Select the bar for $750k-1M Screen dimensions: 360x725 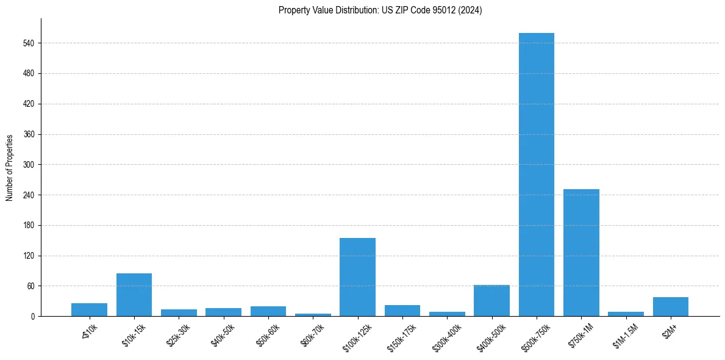[581, 253]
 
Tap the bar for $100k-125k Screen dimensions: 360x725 [357, 277]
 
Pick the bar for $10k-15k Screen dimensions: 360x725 [134, 295]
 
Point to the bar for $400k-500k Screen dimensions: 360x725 [491, 300]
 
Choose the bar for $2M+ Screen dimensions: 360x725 [670, 306]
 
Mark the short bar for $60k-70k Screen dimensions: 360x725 [313, 314]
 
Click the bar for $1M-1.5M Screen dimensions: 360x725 [626, 314]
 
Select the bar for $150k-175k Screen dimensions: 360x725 [402, 311]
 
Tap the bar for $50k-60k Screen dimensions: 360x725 [268, 311]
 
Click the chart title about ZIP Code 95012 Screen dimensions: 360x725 [380, 10]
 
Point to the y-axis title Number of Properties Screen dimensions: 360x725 [10, 168]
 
